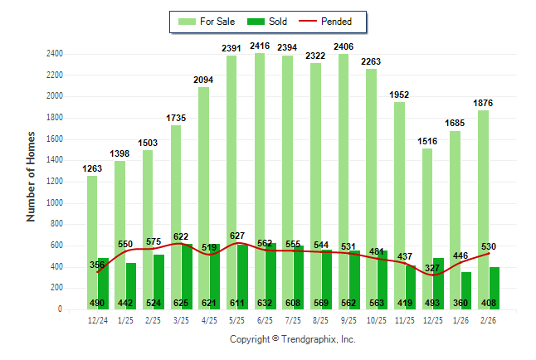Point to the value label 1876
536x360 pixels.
click(484, 103)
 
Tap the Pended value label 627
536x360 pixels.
click(237, 236)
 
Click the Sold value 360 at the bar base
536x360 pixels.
click(461, 303)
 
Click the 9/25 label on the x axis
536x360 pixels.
click(349, 319)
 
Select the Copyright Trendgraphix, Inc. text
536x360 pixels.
click(292, 340)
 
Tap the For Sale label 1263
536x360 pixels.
click(92, 169)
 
